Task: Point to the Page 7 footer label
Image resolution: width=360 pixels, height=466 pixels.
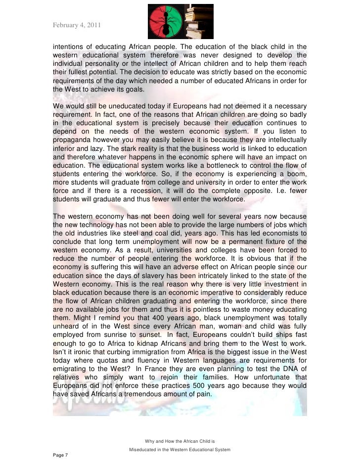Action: coord(62,455)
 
